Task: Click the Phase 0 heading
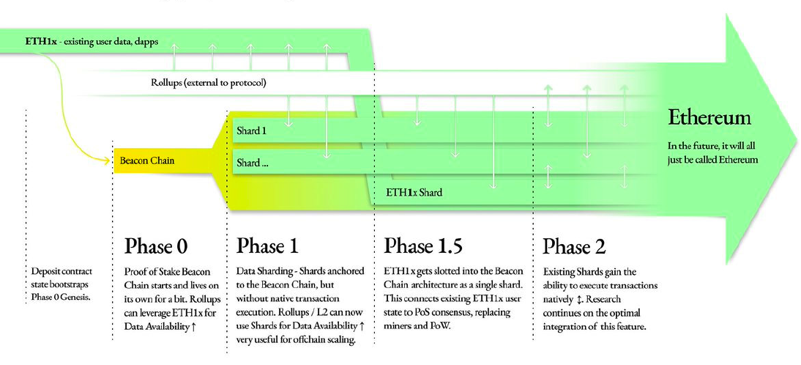coord(160,245)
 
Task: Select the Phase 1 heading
coord(267,245)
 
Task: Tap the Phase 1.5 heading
coord(422,245)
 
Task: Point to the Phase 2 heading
coord(574,246)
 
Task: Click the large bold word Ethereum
coord(709,118)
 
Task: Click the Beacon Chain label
coord(147,159)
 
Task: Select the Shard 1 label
coord(251,131)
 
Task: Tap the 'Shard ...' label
coord(252,163)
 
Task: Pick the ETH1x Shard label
coord(414,193)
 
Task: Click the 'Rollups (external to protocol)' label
coord(208,82)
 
